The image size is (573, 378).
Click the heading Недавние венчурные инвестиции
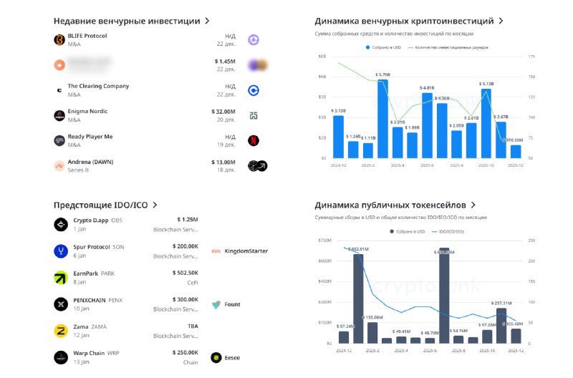(127, 21)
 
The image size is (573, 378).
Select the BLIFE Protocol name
(87, 36)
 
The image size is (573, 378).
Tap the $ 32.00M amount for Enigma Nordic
(223, 112)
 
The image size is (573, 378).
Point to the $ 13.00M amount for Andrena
(223, 162)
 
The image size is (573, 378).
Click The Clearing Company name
(98, 86)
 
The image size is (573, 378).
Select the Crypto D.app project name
(91, 220)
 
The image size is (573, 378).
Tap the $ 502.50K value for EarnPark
(186, 272)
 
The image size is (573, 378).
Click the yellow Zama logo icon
(60, 330)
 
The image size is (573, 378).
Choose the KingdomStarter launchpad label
(246, 251)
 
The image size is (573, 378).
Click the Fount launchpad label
(232, 304)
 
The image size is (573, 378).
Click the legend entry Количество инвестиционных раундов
(449, 47)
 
